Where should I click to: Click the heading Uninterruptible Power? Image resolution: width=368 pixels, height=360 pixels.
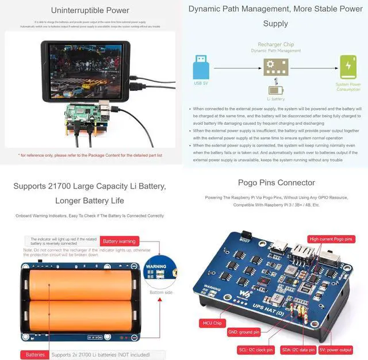(90, 10)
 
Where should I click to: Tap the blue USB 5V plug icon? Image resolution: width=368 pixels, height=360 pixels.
(201, 67)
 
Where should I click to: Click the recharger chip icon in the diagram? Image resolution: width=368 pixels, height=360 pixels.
(275, 67)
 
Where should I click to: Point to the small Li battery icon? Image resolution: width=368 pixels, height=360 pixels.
(275, 90)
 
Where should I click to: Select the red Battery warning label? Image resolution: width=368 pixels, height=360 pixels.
(119, 242)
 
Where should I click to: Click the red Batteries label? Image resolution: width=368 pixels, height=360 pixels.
(35, 355)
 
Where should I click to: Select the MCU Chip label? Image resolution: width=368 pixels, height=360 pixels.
(211, 323)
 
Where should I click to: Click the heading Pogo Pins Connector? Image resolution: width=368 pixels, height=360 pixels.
(276, 183)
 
